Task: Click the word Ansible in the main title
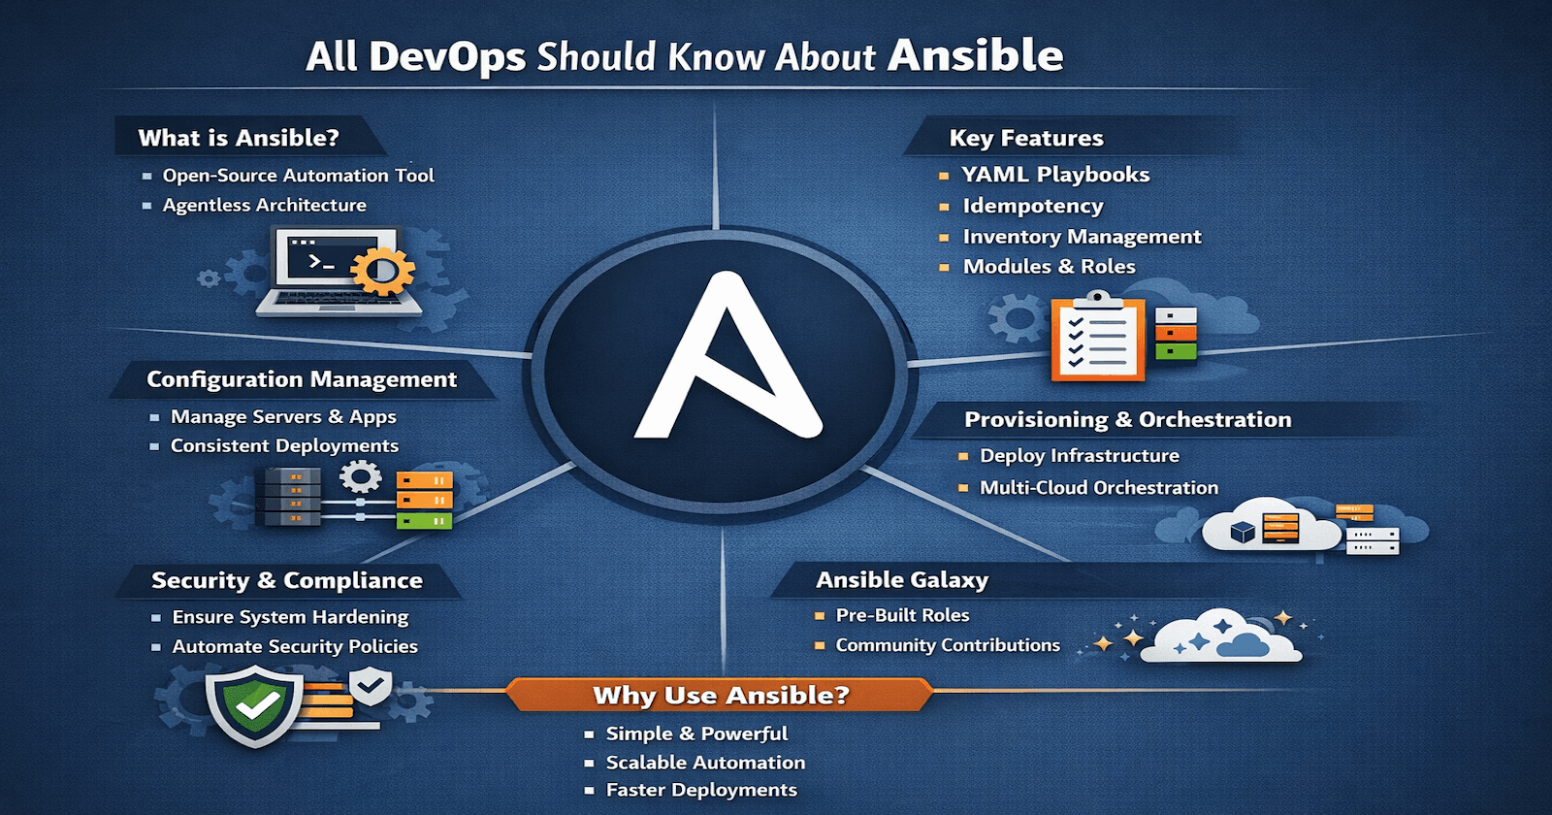[975, 55]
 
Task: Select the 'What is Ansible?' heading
[239, 138]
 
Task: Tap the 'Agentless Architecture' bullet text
[264, 205]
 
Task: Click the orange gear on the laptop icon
[381, 271]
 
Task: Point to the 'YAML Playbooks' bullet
[1055, 175]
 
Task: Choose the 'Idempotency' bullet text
[1032, 206]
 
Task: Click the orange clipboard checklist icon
[1098, 339]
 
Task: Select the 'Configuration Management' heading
[302, 379]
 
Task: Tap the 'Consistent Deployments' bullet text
[284, 445]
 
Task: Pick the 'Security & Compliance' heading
[287, 580]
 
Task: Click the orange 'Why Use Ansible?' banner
[720, 695]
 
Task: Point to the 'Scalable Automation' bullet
[705, 763]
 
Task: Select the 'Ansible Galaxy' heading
[902, 580]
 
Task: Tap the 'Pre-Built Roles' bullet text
[902, 615]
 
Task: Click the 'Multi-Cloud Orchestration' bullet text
[1098, 487]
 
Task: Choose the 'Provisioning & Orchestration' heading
[1127, 419]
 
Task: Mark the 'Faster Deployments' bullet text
[701, 790]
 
